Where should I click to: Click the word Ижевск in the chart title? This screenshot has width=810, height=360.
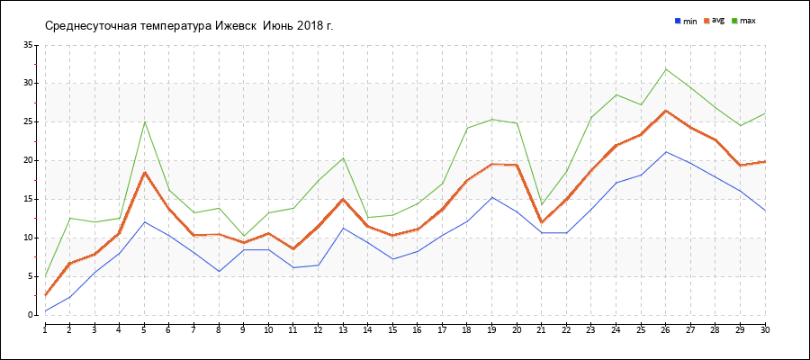tap(237, 25)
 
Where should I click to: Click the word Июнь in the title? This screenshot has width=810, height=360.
tap(282, 25)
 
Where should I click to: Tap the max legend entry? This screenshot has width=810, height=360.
tap(748, 20)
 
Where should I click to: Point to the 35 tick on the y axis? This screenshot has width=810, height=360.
tap(28, 45)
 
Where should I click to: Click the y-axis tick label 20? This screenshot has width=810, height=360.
tap(28, 161)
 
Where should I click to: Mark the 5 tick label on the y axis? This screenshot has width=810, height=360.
tap(31, 277)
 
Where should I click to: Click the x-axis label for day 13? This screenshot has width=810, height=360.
tap(343, 330)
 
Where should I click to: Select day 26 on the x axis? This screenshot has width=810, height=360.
tap(665, 330)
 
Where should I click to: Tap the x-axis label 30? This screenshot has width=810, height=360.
tap(764, 330)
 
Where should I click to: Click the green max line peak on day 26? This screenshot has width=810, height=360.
tap(666, 69)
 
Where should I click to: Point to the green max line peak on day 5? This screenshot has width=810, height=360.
tap(144, 121)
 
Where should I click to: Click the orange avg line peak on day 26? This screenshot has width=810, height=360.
tap(666, 111)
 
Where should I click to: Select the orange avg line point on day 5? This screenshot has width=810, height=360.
tap(144, 172)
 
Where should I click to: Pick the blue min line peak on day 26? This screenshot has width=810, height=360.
tap(666, 152)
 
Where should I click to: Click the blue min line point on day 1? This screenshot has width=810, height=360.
tap(45, 311)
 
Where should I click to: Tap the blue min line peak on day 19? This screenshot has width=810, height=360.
tap(491, 197)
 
